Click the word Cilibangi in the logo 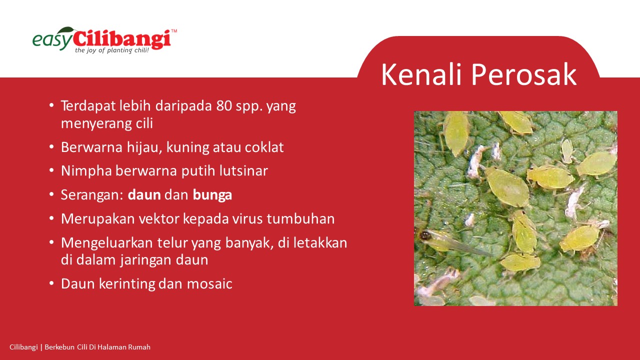coord(122,39)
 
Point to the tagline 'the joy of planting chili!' coord(112,50)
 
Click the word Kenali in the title coord(421,74)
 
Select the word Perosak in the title coord(523,74)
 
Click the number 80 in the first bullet coord(224,105)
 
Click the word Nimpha coord(86,171)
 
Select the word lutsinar coord(243,171)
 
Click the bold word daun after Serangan coord(144,195)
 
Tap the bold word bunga coord(212,195)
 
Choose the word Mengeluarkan coord(107,243)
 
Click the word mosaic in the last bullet coord(209,284)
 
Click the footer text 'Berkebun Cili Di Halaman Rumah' coord(97,347)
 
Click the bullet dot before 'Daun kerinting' coord(51,283)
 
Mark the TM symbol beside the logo coord(173,31)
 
